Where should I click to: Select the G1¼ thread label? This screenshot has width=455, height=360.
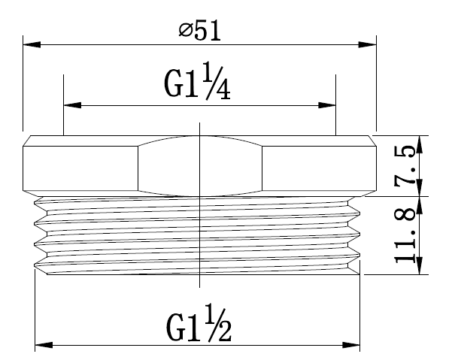pos(197,85)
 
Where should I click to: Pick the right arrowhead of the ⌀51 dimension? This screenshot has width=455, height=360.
pos(369,44)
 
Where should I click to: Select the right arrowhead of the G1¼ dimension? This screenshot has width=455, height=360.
pos(329,105)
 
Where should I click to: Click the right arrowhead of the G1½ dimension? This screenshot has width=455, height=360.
pos(355,345)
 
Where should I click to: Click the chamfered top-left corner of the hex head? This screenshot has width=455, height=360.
pos(27,141)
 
